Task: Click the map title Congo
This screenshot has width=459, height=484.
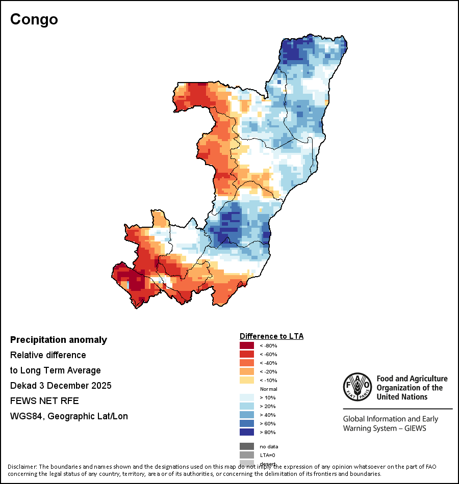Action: tap(34, 19)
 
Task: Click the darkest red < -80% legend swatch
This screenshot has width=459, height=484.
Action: tap(247, 345)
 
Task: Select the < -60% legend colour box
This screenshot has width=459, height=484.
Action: tap(247, 354)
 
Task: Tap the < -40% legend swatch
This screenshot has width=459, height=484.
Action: tap(247, 363)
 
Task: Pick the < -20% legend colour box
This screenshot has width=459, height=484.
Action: tap(247, 371)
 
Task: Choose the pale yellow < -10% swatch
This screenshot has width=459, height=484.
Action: tap(247, 380)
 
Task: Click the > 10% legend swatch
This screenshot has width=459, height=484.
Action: tap(247, 397)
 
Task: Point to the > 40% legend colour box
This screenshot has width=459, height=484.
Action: tap(247, 415)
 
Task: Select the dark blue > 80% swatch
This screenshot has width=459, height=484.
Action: tap(247, 432)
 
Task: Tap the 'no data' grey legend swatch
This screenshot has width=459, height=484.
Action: tap(247, 446)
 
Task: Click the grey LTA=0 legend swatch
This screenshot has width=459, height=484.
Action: tap(247, 455)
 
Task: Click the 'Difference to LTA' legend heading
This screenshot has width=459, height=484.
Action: tap(271, 336)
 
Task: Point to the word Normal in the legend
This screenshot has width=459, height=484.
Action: tap(268, 389)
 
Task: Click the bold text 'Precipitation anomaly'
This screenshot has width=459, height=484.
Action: tap(59, 340)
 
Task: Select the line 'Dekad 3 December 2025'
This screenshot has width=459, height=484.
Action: tap(61, 386)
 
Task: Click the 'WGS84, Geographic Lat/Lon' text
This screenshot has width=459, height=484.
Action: tap(69, 416)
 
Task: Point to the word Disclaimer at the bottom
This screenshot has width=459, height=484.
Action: tap(22, 467)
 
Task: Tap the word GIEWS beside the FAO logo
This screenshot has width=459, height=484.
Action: tap(415, 428)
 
